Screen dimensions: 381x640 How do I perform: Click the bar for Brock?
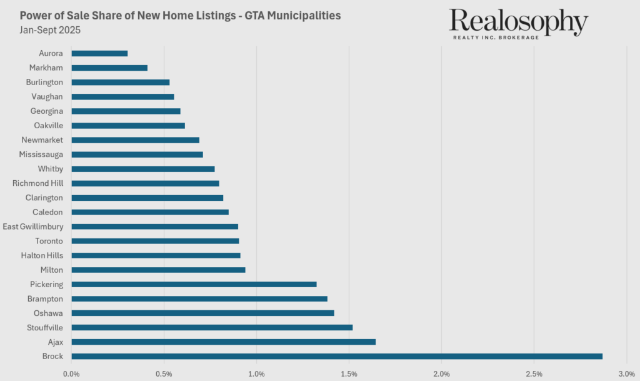pyautogui.click(x=337, y=356)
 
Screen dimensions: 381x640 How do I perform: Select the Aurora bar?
pyautogui.click(x=99, y=53)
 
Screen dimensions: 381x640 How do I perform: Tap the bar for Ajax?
pyautogui.click(x=223, y=342)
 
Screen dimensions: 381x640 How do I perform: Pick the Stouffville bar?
pyautogui.click(x=212, y=327)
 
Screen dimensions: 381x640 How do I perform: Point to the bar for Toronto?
pyautogui.click(x=155, y=241)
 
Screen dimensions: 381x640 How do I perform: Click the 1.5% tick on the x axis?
pyautogui.click(x=349, y=373)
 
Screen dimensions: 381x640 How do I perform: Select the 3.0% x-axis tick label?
pyautogui.click(x=626, y=373)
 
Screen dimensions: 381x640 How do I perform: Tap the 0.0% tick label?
pyautogui.click(x=71, y=373)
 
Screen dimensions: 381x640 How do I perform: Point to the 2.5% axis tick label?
pyautogui.click(x=534, y=373)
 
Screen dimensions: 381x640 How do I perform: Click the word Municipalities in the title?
pyautogui.click(x=300, y=15)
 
